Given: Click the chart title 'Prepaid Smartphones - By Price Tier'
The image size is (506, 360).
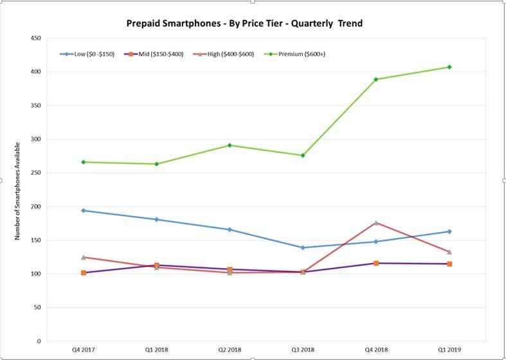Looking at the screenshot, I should [244, 24].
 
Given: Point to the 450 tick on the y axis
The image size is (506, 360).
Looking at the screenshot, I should [36, 38].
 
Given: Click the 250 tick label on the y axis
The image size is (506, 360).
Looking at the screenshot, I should [36, 173].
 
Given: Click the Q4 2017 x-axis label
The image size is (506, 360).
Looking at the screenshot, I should [84, 350].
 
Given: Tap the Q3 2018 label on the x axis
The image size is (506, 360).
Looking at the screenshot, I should [303, 350].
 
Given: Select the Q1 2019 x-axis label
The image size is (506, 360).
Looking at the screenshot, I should [449, 350].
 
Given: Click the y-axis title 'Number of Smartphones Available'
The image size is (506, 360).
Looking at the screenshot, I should [18, 191].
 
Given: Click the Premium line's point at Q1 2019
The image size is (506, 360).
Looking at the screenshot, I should [449, 67].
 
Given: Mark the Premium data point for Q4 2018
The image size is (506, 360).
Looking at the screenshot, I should [376, 79].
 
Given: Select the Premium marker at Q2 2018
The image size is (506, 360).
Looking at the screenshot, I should [230, 145].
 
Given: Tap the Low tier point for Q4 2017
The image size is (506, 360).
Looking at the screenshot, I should [84, 210].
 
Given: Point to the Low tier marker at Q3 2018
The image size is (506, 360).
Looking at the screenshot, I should [303, 248].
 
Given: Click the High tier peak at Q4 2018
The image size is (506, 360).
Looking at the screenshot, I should [376, 222].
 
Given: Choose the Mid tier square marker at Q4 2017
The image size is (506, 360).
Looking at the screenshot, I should [84, 273].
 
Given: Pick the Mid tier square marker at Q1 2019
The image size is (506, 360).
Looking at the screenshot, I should [449, 264].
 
